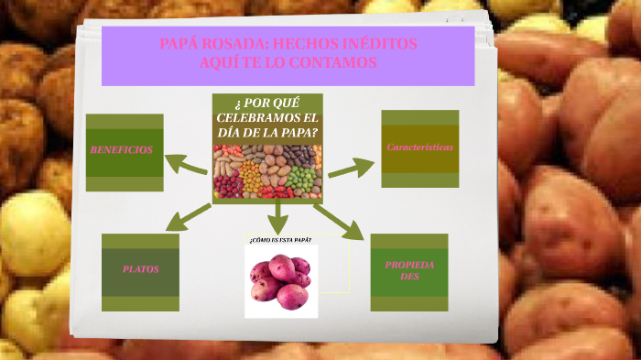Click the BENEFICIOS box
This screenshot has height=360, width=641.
(x=125, y=150)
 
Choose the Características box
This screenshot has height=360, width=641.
(x=419, y=147)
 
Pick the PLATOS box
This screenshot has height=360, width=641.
(x=140, y=270)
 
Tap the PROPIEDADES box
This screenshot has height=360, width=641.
(x=409, y=270)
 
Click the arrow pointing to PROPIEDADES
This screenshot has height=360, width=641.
(x=339, y=223)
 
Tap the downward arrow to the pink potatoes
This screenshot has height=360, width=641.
(x=277, y=217)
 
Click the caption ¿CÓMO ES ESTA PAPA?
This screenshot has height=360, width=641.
(x=280, y=239)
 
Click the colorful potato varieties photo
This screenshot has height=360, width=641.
(x=267, y=171)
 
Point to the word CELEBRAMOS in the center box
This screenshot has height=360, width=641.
(x=267, y=118)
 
